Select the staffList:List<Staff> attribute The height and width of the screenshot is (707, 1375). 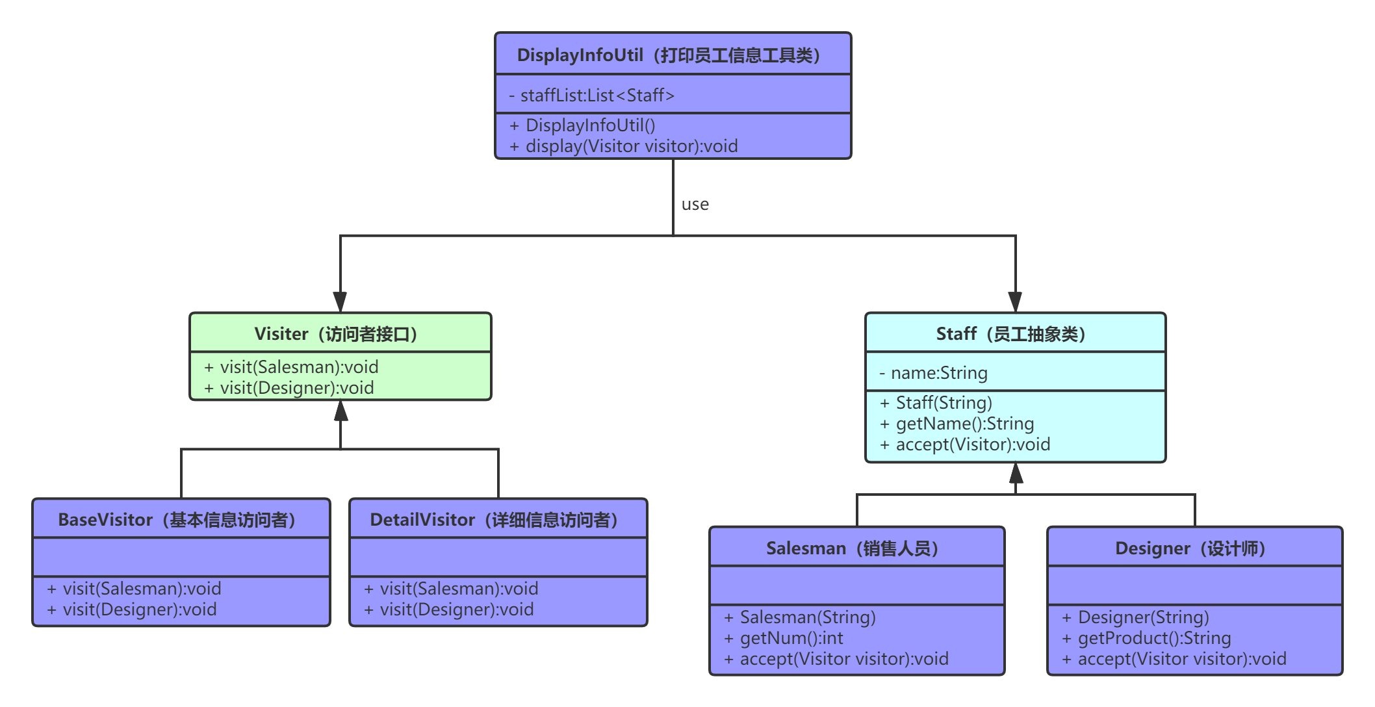tap(597, 96)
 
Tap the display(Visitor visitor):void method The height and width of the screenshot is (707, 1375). tap(631, 146)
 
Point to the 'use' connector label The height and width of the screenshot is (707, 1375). tap(695, 205)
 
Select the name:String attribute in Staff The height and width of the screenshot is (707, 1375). tap(939, 373)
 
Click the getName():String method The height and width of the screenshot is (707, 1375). tap(964, 424)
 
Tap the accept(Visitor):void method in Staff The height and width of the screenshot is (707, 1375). tap(973, 444)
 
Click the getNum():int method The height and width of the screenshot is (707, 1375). tap(791, 638)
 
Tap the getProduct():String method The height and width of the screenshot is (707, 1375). tap(1154, 638)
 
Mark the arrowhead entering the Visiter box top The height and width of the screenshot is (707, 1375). tap(340, 302)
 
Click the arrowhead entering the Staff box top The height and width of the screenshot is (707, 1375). tap(1015, 302)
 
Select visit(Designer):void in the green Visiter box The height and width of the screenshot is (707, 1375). tap(296, 388)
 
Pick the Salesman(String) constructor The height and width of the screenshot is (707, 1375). tap(808, 617)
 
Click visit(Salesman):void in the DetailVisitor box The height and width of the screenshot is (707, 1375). tap(459, 589)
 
